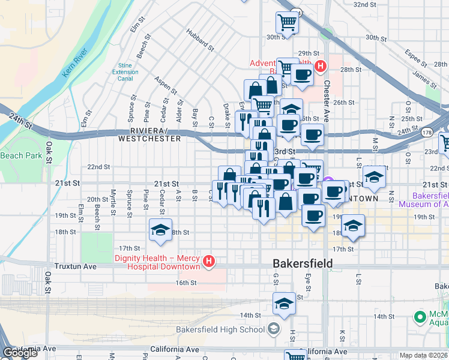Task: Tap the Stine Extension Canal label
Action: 125,72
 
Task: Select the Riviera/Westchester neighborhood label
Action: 149,134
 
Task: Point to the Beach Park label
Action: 21,155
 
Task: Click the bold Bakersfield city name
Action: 303,263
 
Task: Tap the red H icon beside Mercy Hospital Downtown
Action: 208,262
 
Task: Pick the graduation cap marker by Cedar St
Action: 160,230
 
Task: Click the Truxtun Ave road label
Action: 75,266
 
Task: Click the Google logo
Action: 20,353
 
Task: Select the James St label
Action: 424,79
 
